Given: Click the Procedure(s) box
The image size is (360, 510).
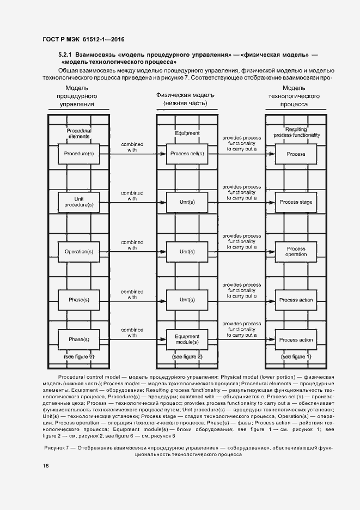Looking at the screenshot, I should (78, 154).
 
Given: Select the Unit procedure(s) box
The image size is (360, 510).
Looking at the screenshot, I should (78, 202).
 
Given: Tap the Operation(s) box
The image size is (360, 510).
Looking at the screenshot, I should (78, 251).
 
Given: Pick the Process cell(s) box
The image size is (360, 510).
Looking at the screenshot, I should (187, 154).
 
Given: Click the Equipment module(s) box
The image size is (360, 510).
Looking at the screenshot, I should (187, 339).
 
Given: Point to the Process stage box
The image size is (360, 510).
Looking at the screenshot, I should (296, 202).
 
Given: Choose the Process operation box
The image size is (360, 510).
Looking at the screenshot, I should (296, 251).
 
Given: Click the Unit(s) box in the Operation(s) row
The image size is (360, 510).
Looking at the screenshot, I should (187, 251).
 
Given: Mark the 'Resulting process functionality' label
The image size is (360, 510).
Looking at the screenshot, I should (296, 132).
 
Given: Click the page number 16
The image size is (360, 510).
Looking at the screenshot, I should (46, 465).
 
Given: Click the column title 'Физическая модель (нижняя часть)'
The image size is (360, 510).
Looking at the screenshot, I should (187, 98).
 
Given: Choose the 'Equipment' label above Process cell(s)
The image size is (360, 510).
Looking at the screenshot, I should (187, 133).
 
